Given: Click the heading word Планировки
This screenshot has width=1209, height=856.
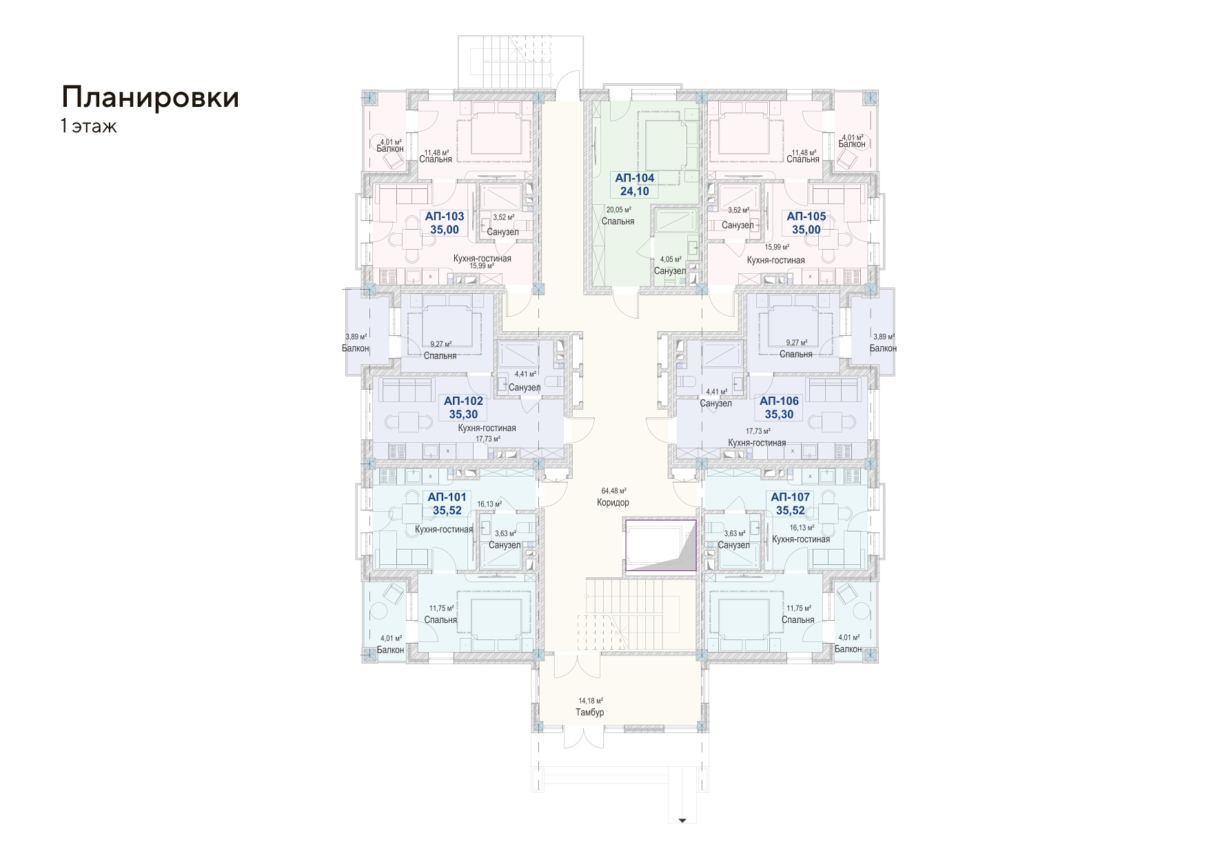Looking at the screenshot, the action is (150, 97).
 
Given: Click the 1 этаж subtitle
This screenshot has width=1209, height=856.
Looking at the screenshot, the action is (89, 126).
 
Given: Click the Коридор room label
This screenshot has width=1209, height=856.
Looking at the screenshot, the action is (613, 503).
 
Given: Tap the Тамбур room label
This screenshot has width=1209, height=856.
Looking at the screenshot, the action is (590, 713).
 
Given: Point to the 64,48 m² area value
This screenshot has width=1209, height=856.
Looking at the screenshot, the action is (613, 491).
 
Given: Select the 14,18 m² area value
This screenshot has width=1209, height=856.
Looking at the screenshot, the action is (591, 701).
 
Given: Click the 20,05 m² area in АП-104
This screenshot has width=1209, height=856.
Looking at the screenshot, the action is (618, 210).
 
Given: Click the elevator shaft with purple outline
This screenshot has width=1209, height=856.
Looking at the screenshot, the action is (660, 546).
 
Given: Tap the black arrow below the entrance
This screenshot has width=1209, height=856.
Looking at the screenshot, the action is (682, 821).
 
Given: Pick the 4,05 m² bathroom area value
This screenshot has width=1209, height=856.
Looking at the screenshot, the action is (671, 260).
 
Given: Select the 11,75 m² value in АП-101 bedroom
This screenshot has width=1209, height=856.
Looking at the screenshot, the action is (441, 608).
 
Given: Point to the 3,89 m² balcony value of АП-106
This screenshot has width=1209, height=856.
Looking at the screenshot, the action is (884, 337).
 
